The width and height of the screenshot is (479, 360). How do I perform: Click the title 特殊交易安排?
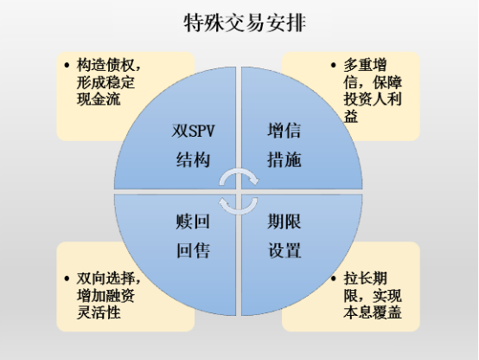coord(245,22)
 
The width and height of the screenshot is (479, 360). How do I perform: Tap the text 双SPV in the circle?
coord(193,131)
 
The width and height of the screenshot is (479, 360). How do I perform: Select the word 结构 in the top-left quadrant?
coord(193,159)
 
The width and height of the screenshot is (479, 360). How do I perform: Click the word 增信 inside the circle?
coord(284,131)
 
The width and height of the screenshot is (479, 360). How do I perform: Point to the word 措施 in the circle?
coord(284,159)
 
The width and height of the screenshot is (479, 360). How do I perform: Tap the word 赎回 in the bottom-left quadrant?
coord(193,222)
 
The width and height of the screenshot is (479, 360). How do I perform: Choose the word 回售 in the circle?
coord(193,250)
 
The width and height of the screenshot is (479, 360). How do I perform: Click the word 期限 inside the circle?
coord(284,222)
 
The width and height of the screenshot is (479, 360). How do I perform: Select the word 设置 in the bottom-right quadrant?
coord(284,250)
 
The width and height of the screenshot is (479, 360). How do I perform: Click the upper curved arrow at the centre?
coord(239,172)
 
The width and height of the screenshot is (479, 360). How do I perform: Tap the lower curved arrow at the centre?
coord(239,210)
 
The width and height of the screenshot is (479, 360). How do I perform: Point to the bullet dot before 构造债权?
coord(67,65)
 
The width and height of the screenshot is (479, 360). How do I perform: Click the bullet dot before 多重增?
coord(333,65)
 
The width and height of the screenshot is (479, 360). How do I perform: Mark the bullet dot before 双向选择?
coord(67,279)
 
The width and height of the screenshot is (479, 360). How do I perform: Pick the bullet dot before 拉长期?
coord(333,279)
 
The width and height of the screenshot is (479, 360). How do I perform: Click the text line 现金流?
coord(99,100)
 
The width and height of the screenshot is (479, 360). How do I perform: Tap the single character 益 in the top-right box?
coord(351,116)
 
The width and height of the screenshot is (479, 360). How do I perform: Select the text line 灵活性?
coord(99,312)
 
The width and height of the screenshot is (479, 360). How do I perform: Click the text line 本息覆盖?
coord(373,312)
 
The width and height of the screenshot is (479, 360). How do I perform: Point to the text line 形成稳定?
coord(105,82)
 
